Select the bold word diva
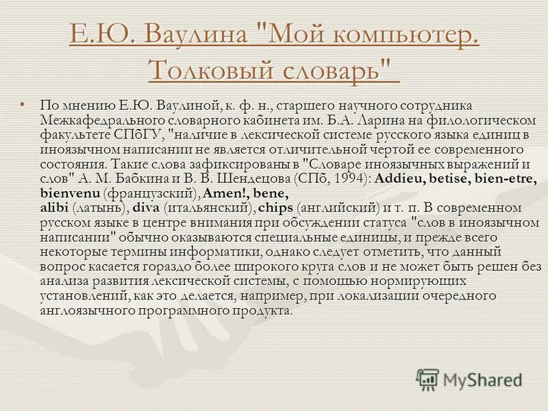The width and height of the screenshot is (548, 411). pyautogui.click(x=145, y=207)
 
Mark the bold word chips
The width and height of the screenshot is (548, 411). pyautogui.click(x=277, y=207)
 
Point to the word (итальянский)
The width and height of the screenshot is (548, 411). pyautogui.click(x=210, y=207)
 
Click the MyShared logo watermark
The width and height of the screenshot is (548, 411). pyautogui.click(x=470, y=379)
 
